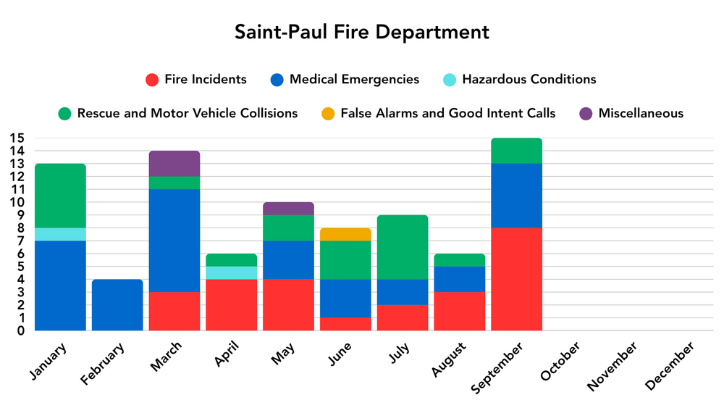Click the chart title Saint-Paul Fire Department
[361, 33]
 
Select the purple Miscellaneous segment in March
[174, 163]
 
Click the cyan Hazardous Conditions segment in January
[60, 234]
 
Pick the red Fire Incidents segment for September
[516, 279]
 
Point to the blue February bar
[117, 304]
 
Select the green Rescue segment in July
[403, 246]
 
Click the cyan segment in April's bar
[232, 272]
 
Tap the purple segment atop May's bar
[288, 209]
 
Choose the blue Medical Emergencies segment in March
[174, 241]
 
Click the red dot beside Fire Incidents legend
[152, 80]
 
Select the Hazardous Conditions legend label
[529, 80]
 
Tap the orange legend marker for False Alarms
[328, 114]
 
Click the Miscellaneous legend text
[641, 114]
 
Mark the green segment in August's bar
[460, 260]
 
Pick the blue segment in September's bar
[516, 196]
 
